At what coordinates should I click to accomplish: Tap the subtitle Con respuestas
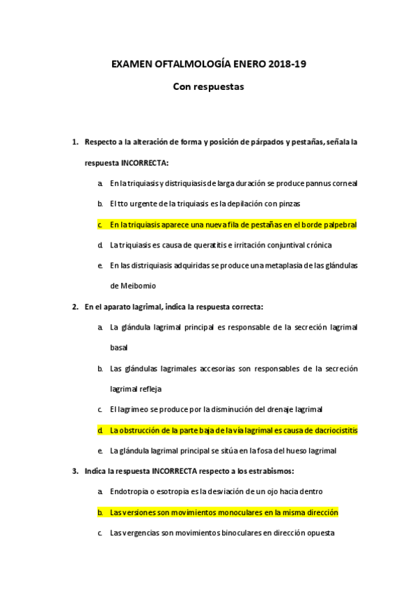(x=208, y=88)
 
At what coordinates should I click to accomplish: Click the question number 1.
(x=74, y=142)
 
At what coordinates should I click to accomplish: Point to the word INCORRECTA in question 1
(x=143, y=162)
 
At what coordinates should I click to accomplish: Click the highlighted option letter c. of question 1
(x=100, y=224)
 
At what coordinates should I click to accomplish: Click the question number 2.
(x=74, y=306)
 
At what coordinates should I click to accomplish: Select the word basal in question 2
(x=119, y=347)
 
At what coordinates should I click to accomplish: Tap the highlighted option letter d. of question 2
(x=100, y=430)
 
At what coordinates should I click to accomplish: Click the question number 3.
(x=74, y=471)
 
